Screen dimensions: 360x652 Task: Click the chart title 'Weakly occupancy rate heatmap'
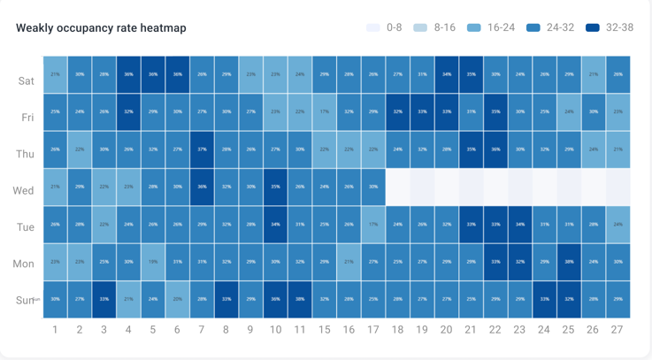click(x=101, y=28)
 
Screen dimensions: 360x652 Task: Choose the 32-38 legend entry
click(x=609, y=27)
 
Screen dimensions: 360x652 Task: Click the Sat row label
click(x=27, y=80)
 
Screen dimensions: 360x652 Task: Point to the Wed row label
click(x=24, y=190)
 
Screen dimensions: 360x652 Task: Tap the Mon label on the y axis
click(x=24, y=264)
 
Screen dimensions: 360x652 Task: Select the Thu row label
click(x=25, y=154)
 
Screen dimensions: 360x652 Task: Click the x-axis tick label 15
click(x=324, y=330)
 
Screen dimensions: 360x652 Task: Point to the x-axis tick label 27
click(x=617, y=330)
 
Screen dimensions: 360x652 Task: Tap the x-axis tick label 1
click(x=55, y=330)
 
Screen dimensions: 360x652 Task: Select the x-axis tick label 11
click(x=300, y=330)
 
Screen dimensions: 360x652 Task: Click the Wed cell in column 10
click(x=275, y=188)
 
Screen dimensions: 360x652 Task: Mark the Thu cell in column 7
click(x=202, y=150)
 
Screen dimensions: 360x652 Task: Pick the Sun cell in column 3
click(x=104, y=299)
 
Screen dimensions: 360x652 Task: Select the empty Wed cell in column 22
click(x=495, y=188)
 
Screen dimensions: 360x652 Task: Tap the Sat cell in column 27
click(x=617, y=74)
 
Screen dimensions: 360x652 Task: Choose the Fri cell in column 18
click(x=397, y=112)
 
